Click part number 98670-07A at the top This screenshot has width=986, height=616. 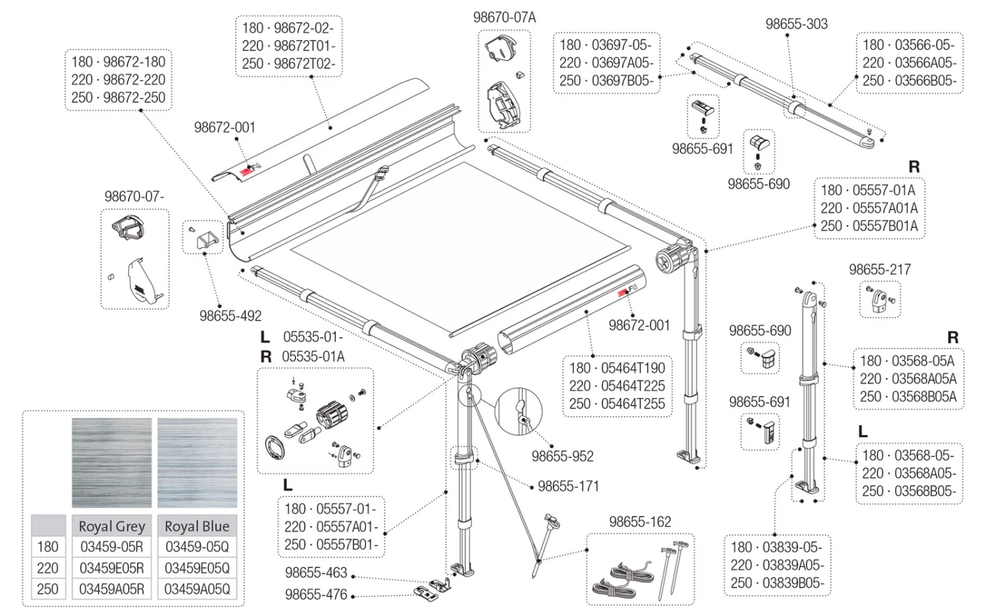504,18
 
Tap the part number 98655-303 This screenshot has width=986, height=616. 796,24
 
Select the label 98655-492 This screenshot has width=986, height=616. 230,316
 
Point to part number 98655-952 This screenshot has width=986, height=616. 563,456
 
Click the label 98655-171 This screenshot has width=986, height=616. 569,486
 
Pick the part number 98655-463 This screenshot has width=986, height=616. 316,573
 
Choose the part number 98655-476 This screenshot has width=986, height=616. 316,594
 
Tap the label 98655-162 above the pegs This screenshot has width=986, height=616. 640,522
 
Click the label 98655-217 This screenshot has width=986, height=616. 880,269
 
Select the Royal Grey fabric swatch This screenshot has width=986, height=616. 112,462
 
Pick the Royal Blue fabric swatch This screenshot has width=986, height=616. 197,462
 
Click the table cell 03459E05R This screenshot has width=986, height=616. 112,568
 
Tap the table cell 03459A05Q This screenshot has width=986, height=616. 197,588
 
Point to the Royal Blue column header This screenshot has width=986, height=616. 197,526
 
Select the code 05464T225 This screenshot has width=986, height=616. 633,385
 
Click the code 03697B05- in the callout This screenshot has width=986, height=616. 623,81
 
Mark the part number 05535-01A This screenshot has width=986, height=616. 313,357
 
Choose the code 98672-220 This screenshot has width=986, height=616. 134,79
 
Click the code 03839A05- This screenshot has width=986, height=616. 793,565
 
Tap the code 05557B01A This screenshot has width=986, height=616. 885,226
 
